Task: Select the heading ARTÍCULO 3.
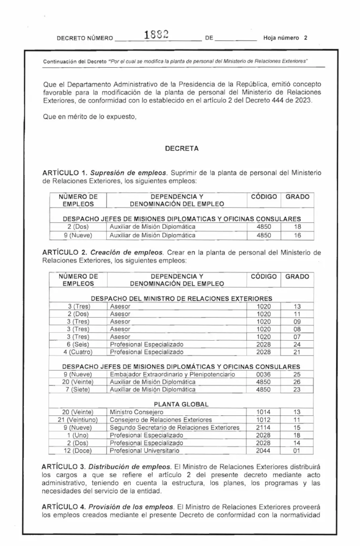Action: [65, 468]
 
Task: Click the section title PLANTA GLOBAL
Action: [181, 404]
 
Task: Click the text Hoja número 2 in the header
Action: [286, 38]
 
